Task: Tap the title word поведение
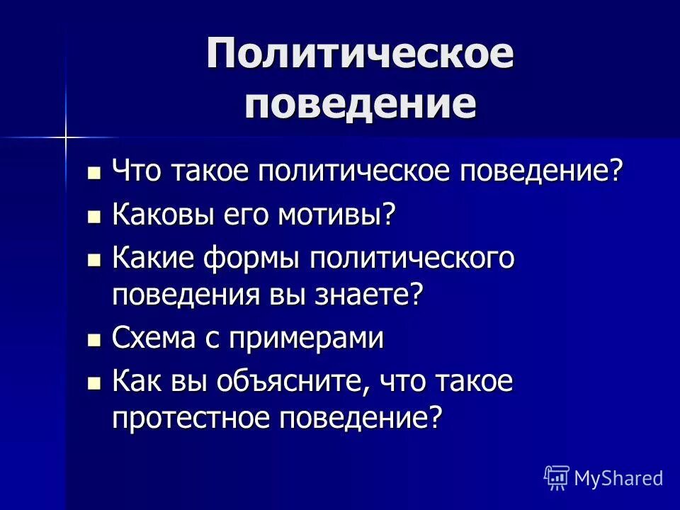(360, 104)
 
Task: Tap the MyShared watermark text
(618, 478)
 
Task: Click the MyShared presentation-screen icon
(556, 478)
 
